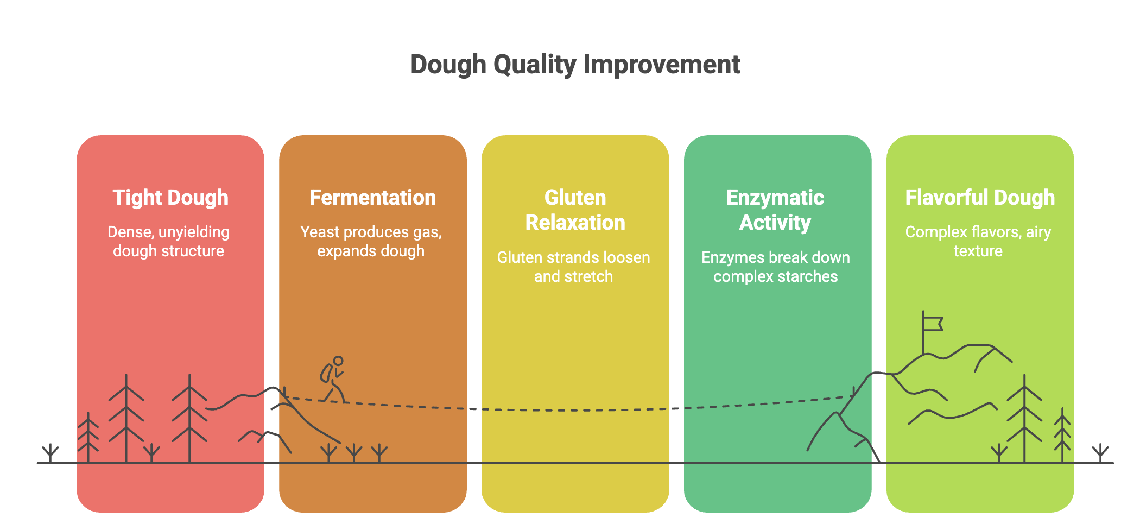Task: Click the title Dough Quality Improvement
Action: pyautogui.click(x=575, y=65)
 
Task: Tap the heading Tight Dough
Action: pyautogui.click(x=170, y=198)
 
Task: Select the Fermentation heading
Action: pyautogui.click(x=372, y=198)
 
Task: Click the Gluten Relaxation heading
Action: pyautogui.click(x=575, y=210)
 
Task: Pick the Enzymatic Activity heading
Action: pyautogui.click(x=775, y=210)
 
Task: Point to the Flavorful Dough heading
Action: pyautogui.click(x=980, y=198)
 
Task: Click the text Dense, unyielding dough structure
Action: pyautogui.click(x=169, y=241)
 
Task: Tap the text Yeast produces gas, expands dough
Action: pyautogui.click(x=371, y=241)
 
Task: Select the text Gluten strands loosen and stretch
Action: pyautogui.click(x=574, y=267)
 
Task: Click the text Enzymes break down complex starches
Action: pyautogui.click(x=776, y=267)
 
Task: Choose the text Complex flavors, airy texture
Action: pyautogui.click(x=978, y=241)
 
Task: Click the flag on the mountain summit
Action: pyautogui.click(x=933, y=324)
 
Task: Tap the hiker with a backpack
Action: pyautogui.click(x=332, y=380)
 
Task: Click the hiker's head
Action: pyautogui.click(x=338, y=361)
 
